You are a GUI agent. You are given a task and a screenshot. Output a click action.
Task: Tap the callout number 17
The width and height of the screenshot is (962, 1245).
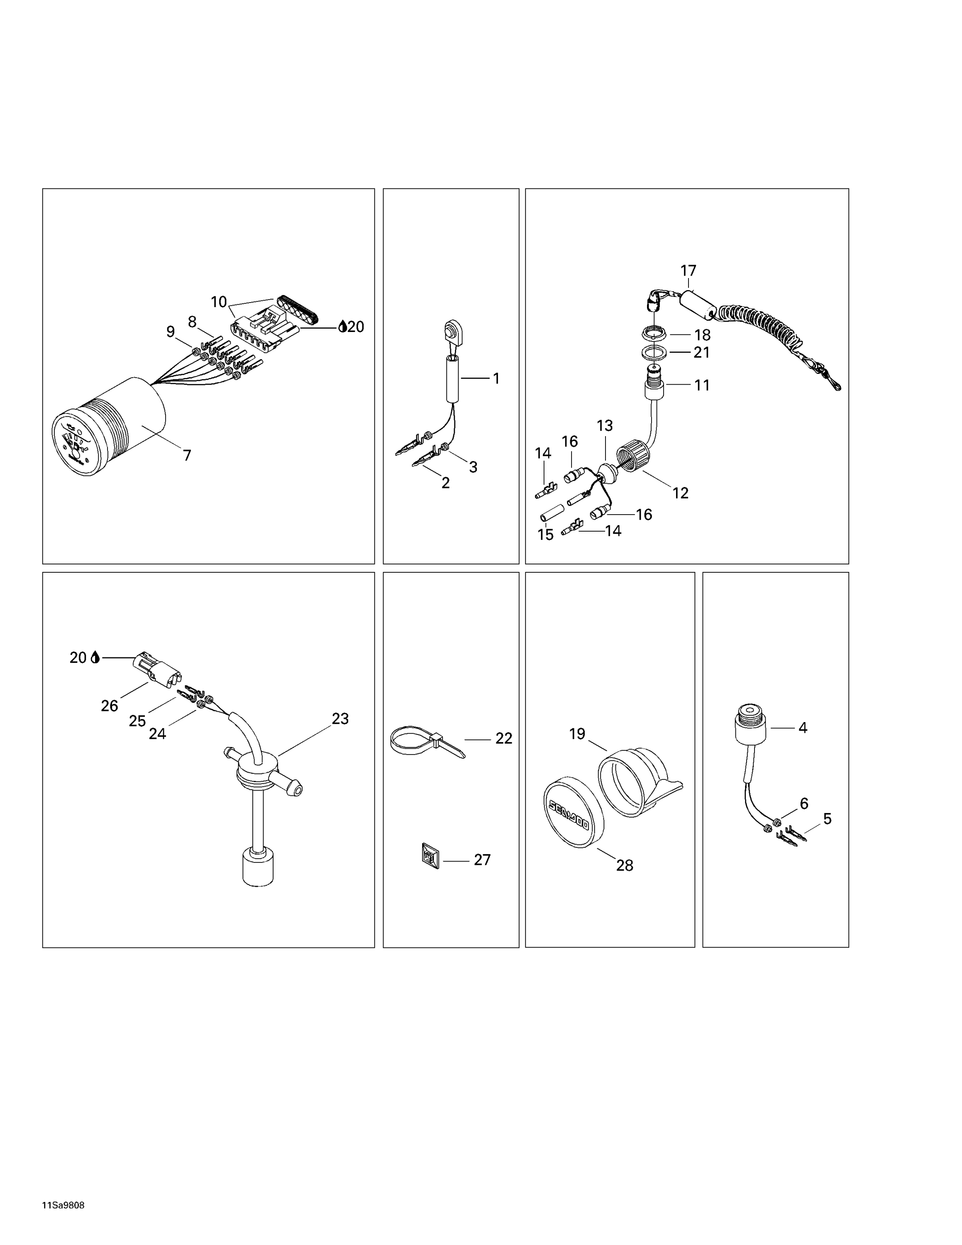pos(689,270)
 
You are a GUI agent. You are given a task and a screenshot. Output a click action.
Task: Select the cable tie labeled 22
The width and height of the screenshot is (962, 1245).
pos(427,741)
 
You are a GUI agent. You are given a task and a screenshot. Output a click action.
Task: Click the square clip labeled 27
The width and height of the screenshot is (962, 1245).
pos(430,856)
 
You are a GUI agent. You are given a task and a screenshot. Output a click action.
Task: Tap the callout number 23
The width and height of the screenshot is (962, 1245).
pos(340,719)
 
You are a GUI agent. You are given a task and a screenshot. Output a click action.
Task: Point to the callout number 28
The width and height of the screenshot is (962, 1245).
pos(625,865)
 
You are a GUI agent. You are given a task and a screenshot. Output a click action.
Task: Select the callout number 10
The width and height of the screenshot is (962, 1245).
pos(219,302)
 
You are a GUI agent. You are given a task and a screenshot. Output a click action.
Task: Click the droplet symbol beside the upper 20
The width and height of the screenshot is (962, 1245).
pos(342,327)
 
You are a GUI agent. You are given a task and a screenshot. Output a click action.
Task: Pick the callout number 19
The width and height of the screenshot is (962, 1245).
pos(577,734)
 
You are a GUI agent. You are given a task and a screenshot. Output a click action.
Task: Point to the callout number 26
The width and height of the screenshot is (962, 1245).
pos(110,706)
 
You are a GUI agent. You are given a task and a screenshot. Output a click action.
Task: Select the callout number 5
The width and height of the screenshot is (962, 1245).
pos(828,819)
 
